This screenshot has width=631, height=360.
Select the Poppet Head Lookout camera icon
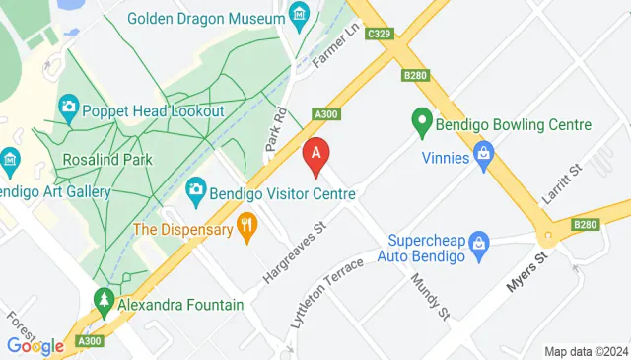click(x=69, y=106)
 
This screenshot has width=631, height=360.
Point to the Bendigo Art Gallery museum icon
click(x=9, y=159)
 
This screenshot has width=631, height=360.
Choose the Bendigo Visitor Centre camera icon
click(x=196, y=187)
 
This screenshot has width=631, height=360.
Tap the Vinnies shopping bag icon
click(x=483, y=153)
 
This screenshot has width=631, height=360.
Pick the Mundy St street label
click(x=430, y=297)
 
